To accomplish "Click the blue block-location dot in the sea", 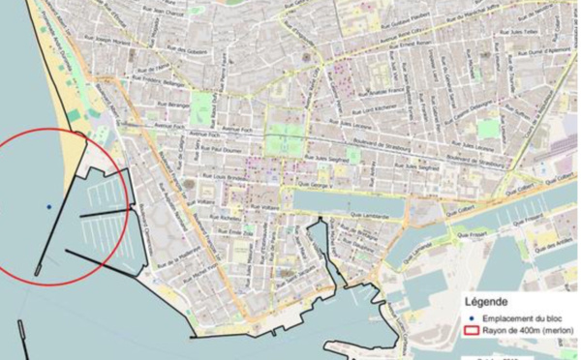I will (x=48, y=206).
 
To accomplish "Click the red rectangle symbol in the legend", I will (x=474, y=330).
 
